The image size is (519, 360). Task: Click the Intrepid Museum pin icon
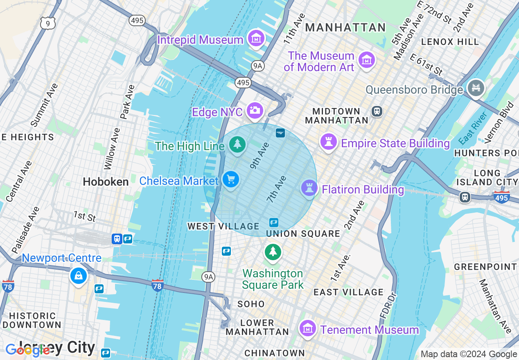(x=256, y=39)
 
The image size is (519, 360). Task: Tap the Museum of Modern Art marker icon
(x=367, y=60)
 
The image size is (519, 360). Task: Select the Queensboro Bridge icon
(x=476, y=88)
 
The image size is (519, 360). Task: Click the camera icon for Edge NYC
(x=255, y=110)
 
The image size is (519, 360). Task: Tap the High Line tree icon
(x=237, y=144)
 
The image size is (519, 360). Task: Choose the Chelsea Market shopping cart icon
(x=230, y=180)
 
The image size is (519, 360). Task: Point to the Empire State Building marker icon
(x=328, y=142)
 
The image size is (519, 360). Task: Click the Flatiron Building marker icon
(x=309, y=188)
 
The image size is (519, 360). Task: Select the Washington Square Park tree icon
(x=273, y=252)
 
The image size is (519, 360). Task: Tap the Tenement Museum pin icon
(x=307, y=328)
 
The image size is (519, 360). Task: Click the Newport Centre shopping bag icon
(x=78, y=276)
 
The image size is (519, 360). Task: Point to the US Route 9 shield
(x=48, y=23)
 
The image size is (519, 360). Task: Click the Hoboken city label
(x=106, y=182)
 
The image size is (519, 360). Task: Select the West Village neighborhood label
(x=223, y=226)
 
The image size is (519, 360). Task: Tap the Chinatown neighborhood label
(x=274, y=353)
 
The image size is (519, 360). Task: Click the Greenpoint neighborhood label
(x=485, y=267)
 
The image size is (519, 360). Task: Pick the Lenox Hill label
(x=450, y=42)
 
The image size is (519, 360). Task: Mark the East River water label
(x=473, y=128)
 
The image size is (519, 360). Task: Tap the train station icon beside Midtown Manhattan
(x=377, y=111)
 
